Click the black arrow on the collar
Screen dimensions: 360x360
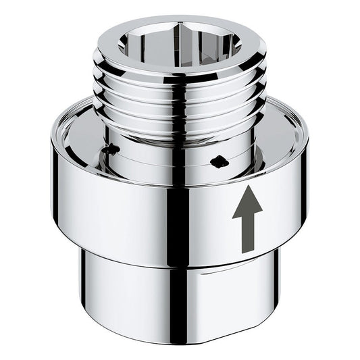click(x=247, y=218)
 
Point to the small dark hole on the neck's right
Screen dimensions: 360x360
click(x=217, y=161)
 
